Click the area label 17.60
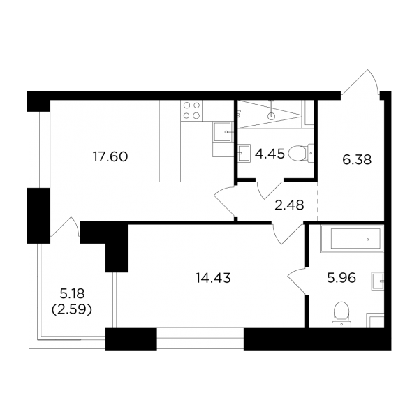point(110,156)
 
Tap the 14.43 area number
point(213,278)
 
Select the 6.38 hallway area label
point(357,160)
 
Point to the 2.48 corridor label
point(289,205)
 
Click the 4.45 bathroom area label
point(270,154)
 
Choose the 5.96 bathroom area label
point(341,278)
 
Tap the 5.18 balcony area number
point(72,294)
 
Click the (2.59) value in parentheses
point(72,309)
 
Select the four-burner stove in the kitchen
point(191,110)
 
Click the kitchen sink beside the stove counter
point(222,131)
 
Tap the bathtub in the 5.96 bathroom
point(352,239)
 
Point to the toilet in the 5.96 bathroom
point(341,315)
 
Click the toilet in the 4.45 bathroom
point(302,154)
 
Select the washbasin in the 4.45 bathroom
point(244,154)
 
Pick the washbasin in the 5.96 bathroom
point(378,281)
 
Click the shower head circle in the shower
point(272,116)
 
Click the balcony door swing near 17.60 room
point(66,226)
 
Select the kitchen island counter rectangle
point(170,141)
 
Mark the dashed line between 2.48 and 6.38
point(318,200)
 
